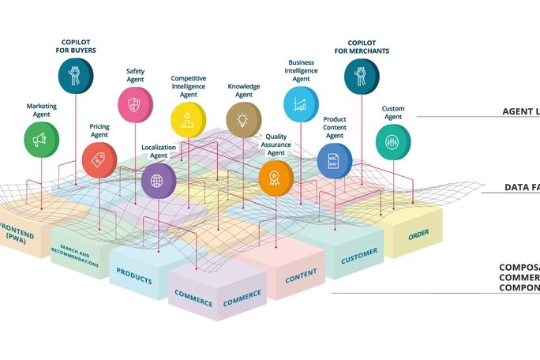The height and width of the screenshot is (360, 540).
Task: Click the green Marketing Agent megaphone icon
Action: pos(40,140)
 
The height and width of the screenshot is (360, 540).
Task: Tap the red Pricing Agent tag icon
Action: pos(99,160)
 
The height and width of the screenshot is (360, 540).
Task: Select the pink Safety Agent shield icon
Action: pos(134,104)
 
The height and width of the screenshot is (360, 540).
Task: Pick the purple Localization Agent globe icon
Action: pos(157,181)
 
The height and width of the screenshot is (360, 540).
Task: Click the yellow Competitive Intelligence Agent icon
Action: pos(188,120)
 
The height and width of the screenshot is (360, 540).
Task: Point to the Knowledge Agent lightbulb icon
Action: pos(242,119)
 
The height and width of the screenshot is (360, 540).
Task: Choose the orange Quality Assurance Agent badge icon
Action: pos(275,178)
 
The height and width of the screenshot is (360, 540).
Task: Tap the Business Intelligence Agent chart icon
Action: pos(300,103)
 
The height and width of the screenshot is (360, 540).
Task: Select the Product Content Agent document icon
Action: pos(334,160)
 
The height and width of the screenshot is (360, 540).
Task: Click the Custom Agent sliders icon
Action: pos(392,142)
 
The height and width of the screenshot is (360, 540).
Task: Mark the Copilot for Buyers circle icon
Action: pos(75,76)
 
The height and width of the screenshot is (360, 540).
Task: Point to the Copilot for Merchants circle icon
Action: pos(361,77)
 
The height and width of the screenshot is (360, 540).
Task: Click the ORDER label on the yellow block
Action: pos(418,234)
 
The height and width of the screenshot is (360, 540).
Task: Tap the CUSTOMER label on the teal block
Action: pos(359,256)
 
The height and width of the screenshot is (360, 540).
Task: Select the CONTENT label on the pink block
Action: pos(301,276)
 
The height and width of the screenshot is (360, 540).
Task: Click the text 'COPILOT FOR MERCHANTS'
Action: pos(362,47)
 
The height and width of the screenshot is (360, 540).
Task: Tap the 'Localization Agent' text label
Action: pos(159,151)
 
